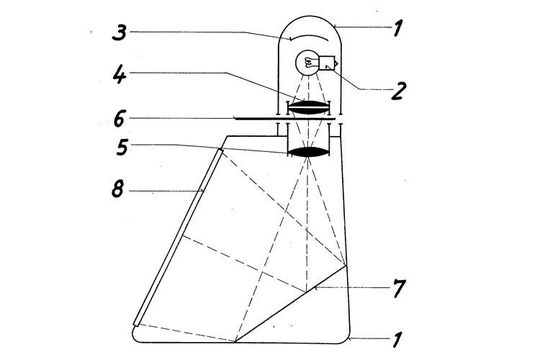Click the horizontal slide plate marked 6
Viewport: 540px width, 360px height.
pos(260,120)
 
